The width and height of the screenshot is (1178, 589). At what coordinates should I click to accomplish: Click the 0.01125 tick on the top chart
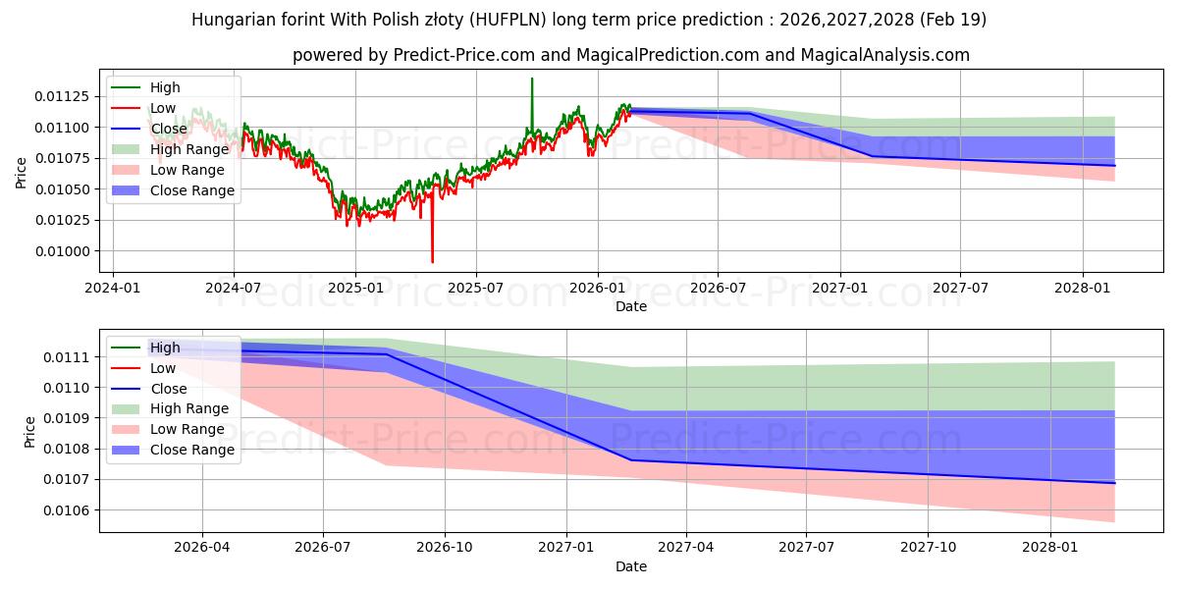[62, 97]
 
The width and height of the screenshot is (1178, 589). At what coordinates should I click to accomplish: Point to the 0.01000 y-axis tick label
[62, 251]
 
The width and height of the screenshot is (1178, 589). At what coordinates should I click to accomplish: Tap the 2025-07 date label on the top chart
[475, 289]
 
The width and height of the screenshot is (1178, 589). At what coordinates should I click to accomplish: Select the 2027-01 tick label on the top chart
[839, 289]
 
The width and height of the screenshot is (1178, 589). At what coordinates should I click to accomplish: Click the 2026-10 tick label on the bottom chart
[445, 548]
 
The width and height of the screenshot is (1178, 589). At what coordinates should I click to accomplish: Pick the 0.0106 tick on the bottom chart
[68, 510]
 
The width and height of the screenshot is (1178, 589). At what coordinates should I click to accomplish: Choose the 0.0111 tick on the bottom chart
[68, 357]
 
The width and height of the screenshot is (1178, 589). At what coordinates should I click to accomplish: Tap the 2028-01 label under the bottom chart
[1050, 548]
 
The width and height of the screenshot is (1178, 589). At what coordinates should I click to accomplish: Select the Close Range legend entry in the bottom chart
[173, 450]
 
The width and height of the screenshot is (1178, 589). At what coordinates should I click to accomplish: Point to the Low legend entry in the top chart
[143, 108]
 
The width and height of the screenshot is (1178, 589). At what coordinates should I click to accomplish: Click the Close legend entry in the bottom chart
[149, 389]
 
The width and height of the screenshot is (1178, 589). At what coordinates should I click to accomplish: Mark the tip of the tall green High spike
[532, 79]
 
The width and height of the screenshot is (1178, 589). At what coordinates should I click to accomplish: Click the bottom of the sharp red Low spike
[432, 262]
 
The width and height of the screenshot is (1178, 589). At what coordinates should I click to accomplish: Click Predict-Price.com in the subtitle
[463, 55]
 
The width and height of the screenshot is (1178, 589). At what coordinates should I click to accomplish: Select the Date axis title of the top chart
[631, 306]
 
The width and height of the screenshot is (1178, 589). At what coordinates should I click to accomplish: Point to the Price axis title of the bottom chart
[30, 432]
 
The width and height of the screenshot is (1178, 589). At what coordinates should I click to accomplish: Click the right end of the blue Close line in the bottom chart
[1114, 483]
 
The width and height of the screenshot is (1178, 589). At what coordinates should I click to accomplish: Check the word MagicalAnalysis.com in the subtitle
[885, 55]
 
